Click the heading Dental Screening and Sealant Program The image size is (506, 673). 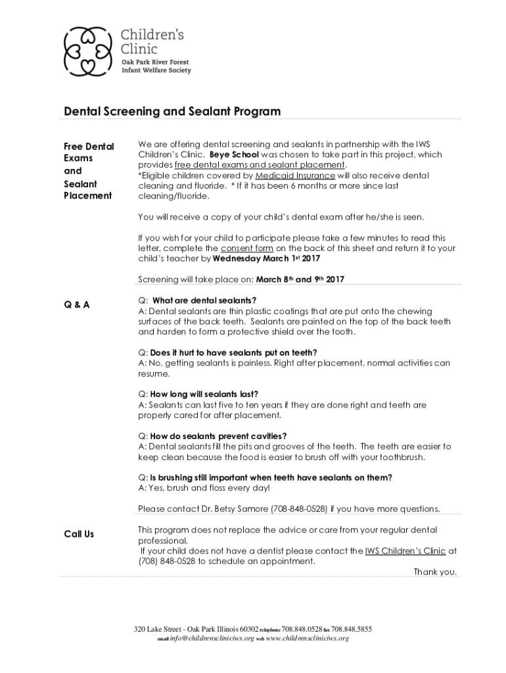(172, 111)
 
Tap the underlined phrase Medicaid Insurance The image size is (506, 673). (295, 175)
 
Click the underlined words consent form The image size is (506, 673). (246, 248)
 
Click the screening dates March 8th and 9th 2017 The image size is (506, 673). (300, 279)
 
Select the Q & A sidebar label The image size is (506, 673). (77, 304)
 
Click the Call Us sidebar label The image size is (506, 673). (79, 534)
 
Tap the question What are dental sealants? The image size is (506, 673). (204, 300)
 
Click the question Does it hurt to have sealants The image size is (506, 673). (233, 352)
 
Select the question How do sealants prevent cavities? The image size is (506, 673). (218, 436)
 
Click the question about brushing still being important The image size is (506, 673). (271, 477)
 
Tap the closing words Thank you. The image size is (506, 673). (434, 572)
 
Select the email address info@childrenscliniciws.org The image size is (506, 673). (212, 638)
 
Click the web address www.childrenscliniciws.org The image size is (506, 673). (307, 638)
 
